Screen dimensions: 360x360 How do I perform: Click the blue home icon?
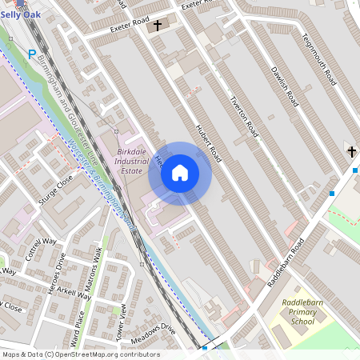tap(180, 173)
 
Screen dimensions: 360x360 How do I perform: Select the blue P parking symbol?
tap(32, 54)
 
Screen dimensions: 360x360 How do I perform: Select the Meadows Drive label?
tap(151, 334)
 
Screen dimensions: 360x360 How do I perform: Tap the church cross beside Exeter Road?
tap(157, 26)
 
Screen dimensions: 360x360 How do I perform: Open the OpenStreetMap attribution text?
tap(80, 354)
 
